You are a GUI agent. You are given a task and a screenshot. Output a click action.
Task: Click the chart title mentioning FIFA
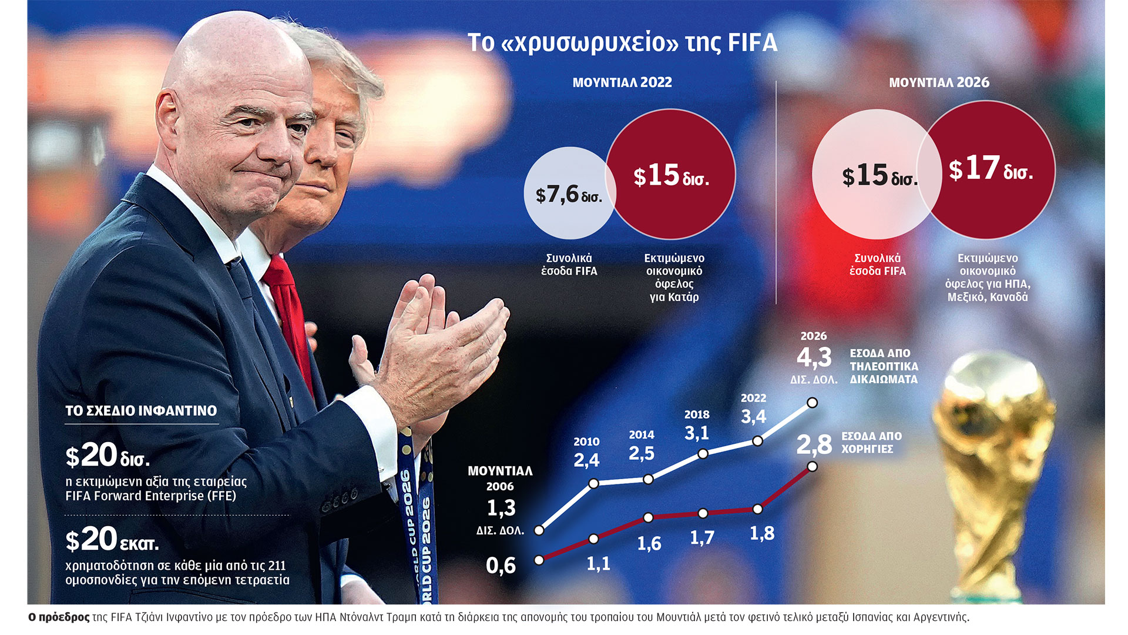[x=622, y=43]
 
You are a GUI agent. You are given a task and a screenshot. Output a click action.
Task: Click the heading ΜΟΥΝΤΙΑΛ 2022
[x=622, y=82]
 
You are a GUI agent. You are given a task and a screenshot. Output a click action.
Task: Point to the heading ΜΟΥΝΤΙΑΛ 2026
[x=939, y=82]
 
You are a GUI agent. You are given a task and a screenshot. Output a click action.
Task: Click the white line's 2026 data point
[x=812, y=403]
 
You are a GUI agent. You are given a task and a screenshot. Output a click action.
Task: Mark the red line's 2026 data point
[x=812, y=466]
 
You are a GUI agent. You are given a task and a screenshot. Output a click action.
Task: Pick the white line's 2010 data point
[x=593, y=483]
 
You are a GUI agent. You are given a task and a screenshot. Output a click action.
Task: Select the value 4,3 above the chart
[x=814, y=357]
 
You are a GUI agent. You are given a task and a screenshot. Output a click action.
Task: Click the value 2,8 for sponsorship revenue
[x=814, y=444]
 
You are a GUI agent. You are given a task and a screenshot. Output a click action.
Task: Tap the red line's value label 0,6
[x=501, y=566]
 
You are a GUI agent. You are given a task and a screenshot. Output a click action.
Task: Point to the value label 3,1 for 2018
[x=697, y=433]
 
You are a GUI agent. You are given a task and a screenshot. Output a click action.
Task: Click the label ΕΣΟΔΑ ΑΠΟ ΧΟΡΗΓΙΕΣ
[x=871, y=443]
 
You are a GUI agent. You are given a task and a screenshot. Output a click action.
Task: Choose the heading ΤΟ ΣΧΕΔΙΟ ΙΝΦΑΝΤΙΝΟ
[x=141, y=410]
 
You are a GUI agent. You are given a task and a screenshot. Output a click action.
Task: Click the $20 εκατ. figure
[x=112, y=539]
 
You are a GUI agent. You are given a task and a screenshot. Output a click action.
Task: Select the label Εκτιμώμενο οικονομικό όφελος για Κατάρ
[x=674, y=278]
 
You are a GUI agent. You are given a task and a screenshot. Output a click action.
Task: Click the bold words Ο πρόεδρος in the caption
[x=59, y=617]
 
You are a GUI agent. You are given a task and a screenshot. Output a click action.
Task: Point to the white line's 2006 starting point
[x=539, y=530]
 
